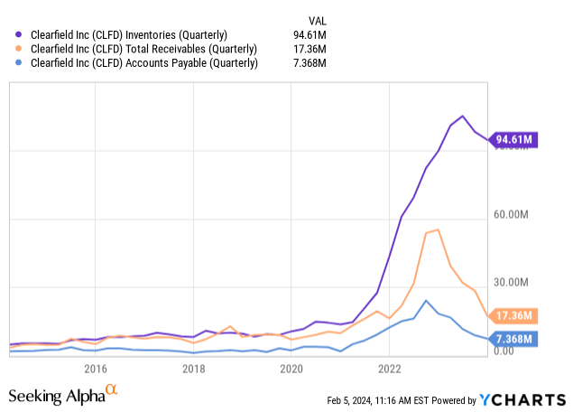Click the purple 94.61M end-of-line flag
pos(511,140)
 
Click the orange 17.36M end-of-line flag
pos(511,316)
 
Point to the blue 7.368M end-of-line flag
pos(511,339)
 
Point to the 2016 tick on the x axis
pos(96,368)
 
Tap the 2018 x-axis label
pos(193,368)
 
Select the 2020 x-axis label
pos(291,368)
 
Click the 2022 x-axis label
pos(390,368)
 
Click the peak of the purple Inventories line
pos(463,116)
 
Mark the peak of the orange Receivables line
pos(438,229)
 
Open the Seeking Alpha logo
pos(63,396)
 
